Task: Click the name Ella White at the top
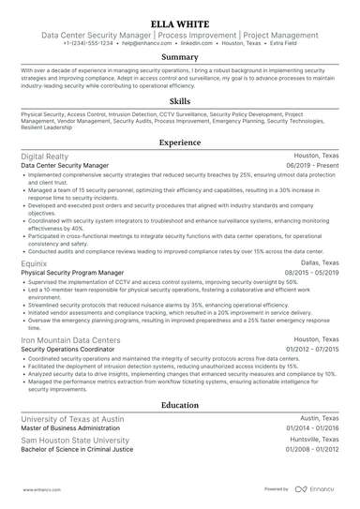(x=179, y=21)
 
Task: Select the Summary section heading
(x=179, y=56)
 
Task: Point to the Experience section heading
(x=179, y=142)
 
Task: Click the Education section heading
(x=179, y=405)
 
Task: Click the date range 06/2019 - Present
(x=313, y=165)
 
